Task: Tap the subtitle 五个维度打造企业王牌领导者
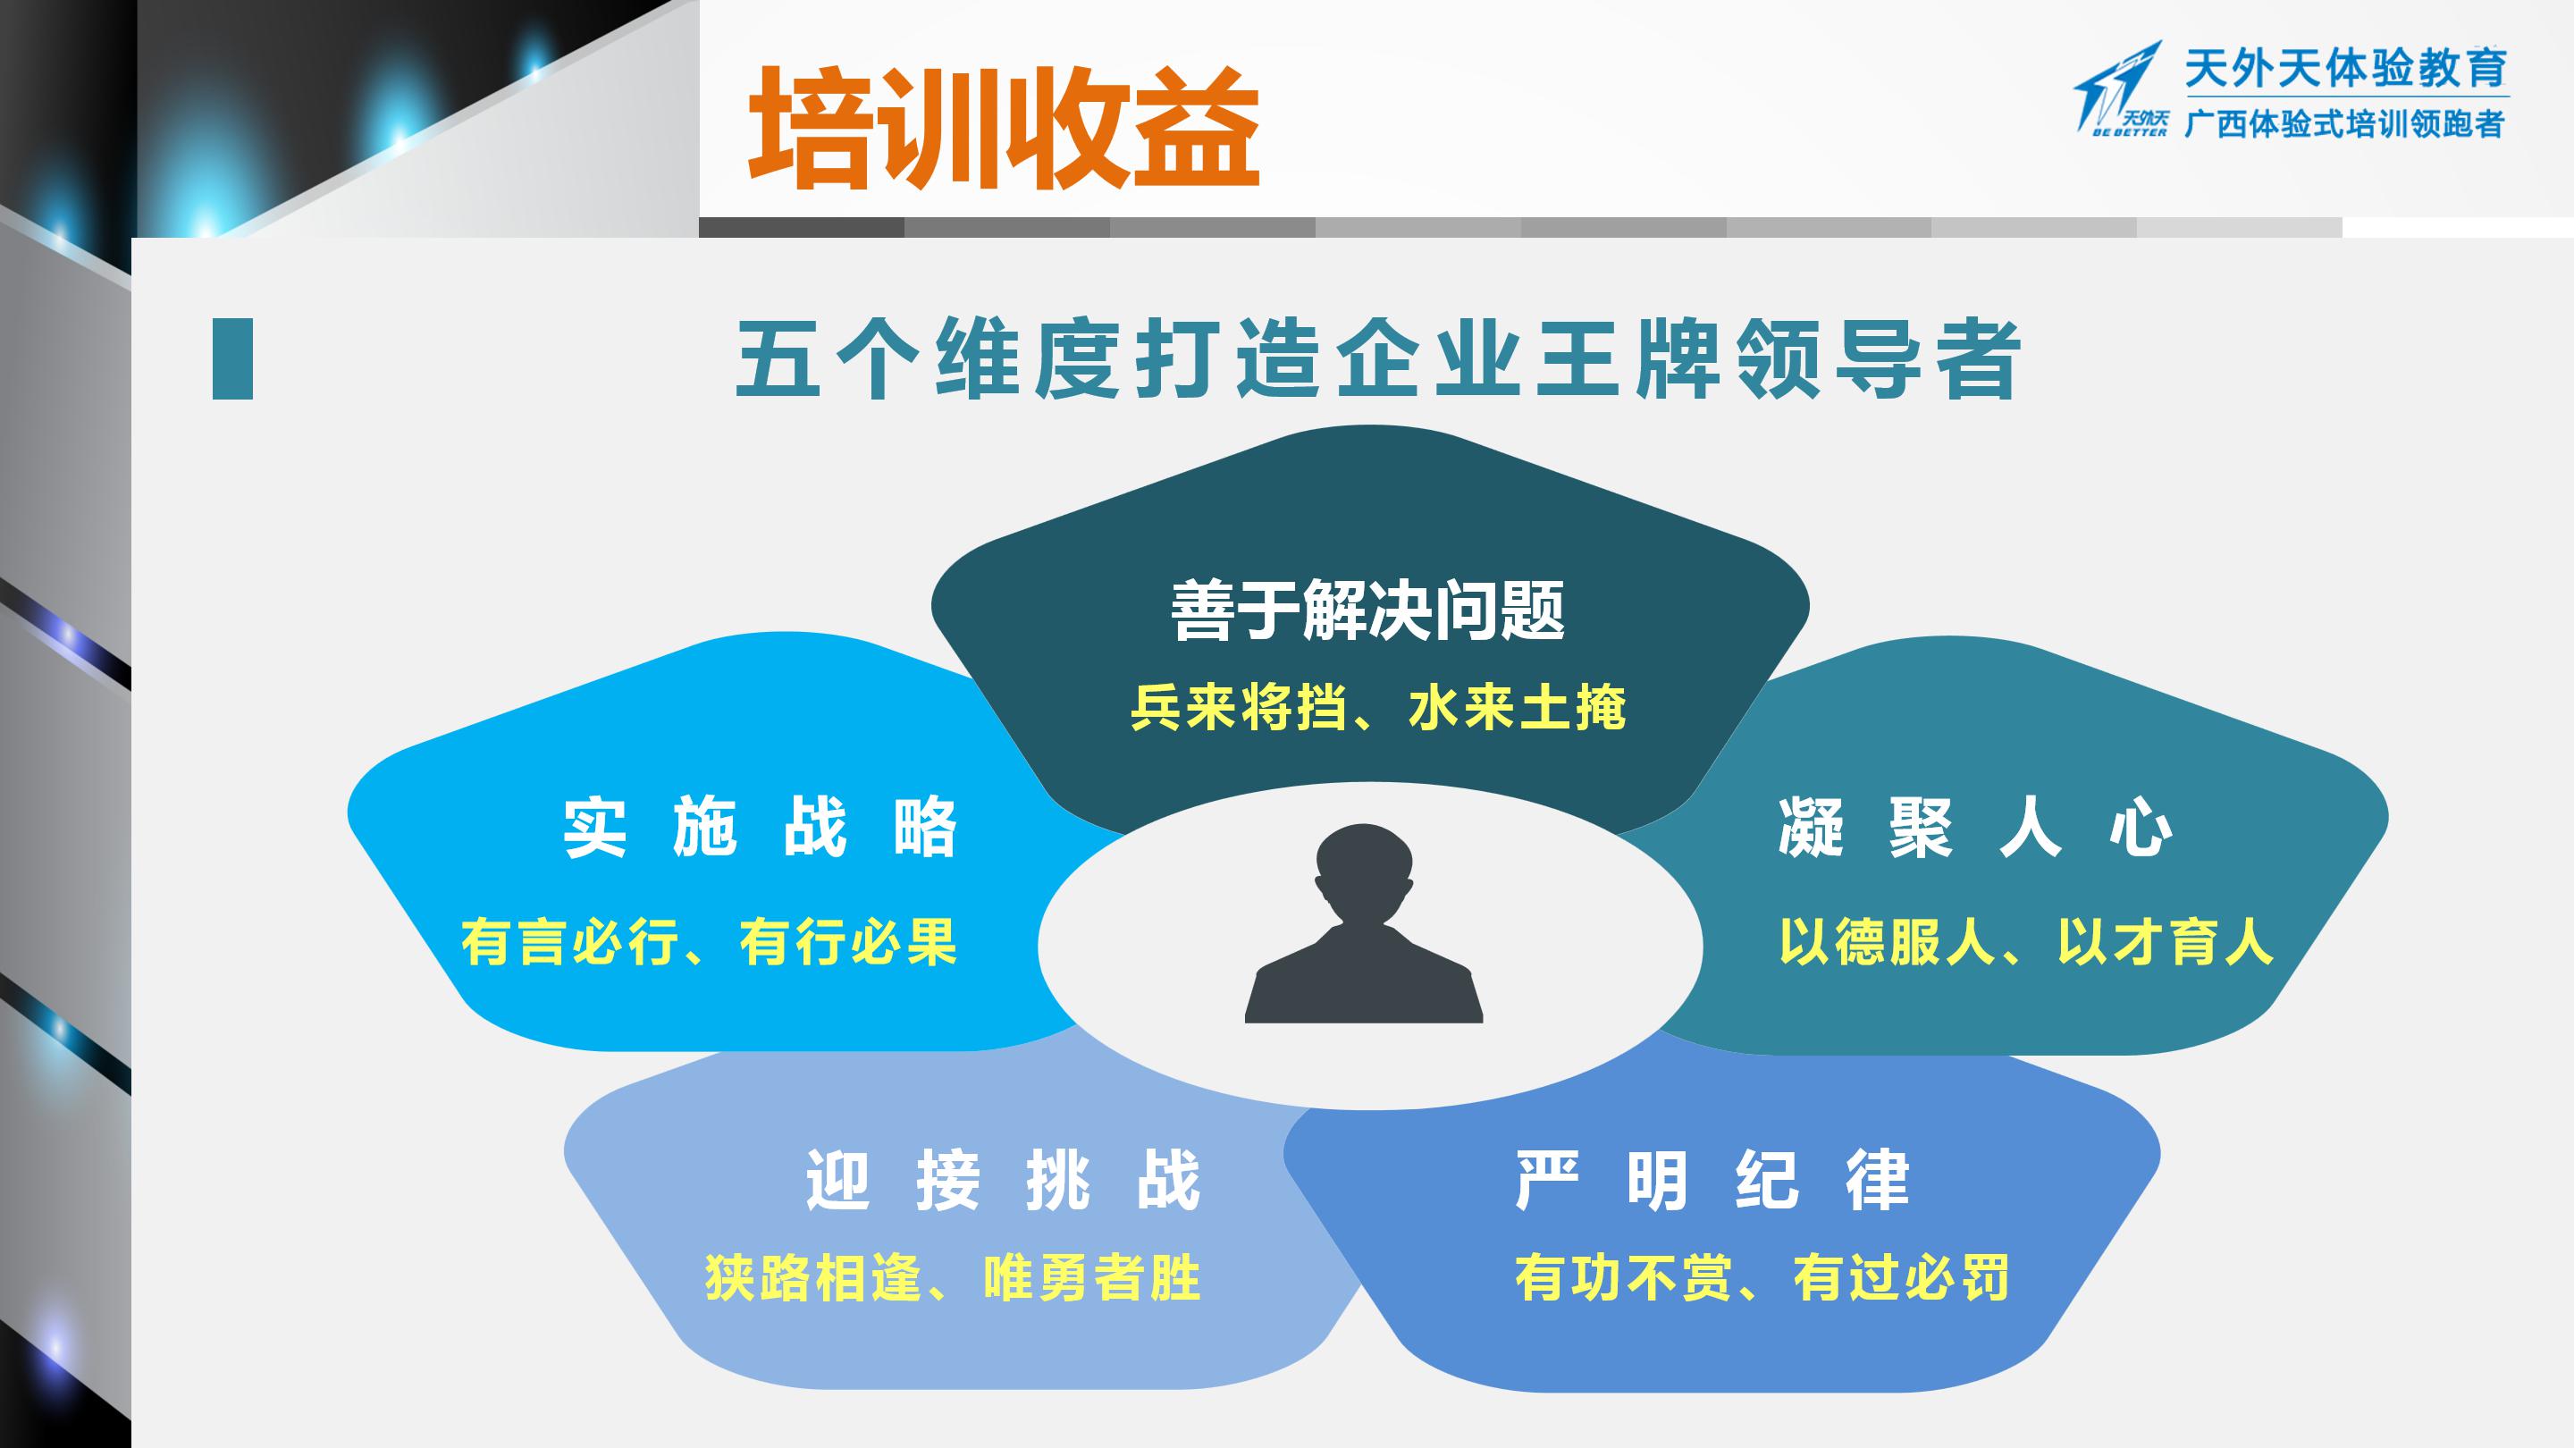coord(1379,359)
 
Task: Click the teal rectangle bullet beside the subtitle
coord(232,358)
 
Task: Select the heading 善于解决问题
coord(1368,610)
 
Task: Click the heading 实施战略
coord(761,828)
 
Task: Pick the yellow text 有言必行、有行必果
coord(709,942)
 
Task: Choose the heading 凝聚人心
coord(1975,829)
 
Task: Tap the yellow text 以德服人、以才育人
coord(2025,941)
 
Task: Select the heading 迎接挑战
coord(1003,1180)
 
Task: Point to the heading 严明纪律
coord(1712,1180)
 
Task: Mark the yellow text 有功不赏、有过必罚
coord(1762,1277)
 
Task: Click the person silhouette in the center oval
coord(1364,924)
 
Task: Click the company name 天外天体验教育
coord(2346,69)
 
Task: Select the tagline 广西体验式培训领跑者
coord(2344,123)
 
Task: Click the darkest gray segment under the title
coord(802,228)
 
